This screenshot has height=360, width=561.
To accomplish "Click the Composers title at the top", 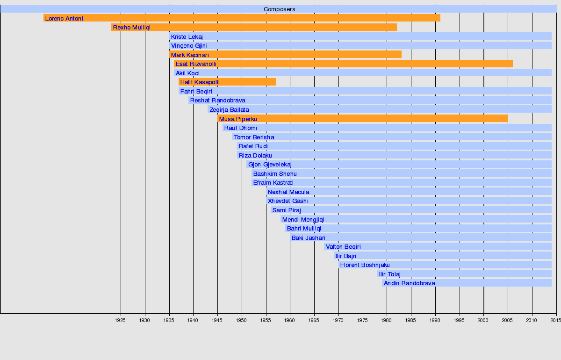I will (x=279, y=9).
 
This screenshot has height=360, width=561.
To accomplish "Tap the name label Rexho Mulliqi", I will (x=132, y=28).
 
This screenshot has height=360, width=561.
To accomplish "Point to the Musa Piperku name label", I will (x=238, y=119).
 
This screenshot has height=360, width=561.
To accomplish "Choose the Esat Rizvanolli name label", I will (x=196, y=64).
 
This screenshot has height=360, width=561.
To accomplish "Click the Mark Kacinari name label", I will (x=190, y=55).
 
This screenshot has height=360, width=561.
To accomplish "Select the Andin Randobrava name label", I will (x=409, y=283).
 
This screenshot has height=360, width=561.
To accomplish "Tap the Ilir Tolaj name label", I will (x=389, y=274).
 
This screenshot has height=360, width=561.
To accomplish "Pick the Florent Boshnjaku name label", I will (x=365, y=265).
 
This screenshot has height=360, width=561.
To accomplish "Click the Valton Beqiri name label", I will (x=343, y=247).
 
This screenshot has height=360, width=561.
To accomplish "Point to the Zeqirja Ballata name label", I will (x=229, y=110).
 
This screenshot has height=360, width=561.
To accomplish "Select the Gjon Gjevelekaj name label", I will (x=270, y=165).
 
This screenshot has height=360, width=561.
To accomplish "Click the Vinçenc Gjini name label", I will (x=189, y=46).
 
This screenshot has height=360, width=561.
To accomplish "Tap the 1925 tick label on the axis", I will (x=120, y=320).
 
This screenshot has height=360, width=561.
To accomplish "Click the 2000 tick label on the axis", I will (x=483, y=320).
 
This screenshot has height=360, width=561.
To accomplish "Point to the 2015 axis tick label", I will (x=555, y=320).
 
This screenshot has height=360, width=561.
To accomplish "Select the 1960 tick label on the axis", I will (x=290, y=320).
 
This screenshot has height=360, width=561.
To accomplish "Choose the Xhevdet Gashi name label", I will (x=288, y=201).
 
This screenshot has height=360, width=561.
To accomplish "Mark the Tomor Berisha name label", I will (x=254, y=137).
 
